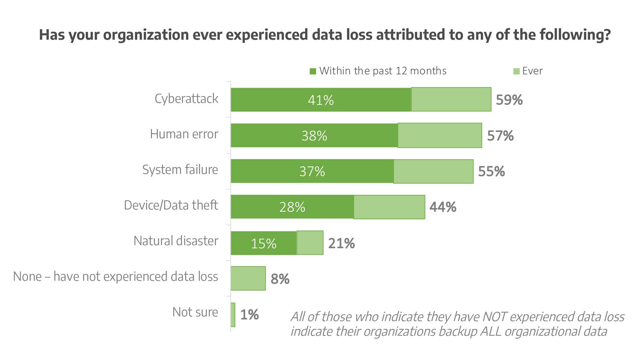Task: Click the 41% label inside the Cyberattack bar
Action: click(321, 100)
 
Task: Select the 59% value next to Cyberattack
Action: click(509, 100)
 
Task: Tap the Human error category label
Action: click(184, 134)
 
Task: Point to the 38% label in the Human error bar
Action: click(314, 136)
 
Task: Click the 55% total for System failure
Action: click(492, 172)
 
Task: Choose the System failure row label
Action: click(180, 170)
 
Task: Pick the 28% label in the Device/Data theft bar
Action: click(292, 207)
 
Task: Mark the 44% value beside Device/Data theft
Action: click(443, 207)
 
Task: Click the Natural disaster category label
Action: click(176, 241)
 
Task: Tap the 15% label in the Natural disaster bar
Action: click(264, 244)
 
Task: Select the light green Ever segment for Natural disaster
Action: click(310, 243)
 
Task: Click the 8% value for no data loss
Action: click(280, 279)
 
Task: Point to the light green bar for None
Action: click(248, 278)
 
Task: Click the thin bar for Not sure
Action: click(233, 315)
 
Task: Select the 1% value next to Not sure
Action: click(249, 315)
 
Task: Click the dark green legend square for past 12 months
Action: click(313, 72)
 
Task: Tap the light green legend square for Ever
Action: click(516, 72)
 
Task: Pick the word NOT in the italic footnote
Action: click(495, 317)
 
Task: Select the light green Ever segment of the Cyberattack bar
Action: click(451, 99)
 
